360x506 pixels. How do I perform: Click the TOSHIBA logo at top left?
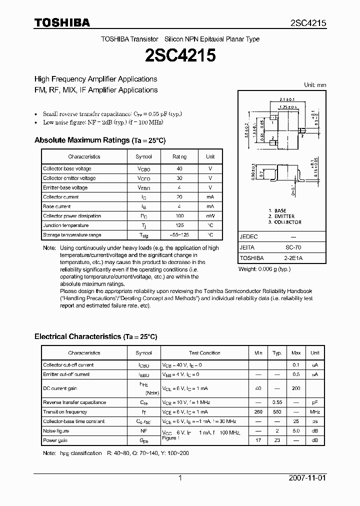pyautogui.click(x=62, y=22)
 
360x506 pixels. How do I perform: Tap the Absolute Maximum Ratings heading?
pyautogui.click(x=99, y=140)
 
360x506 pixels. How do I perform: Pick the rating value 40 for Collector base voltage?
pyautogui.click(x=179, y=168)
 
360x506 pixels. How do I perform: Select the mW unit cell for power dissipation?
pyautogui.click(x=210, y=216)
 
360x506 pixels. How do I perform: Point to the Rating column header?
pyautogui.click(x=179, y=156)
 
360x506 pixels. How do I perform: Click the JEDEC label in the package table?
pyautogui.click(x=248, y=236)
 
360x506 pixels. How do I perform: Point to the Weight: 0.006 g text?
pyautogui.click(x=264, y=269)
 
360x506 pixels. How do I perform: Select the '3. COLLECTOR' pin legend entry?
pyautogui.click(x=284, y=222)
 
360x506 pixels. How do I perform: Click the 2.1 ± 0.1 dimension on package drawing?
pyautogui.click(x=287, y=99)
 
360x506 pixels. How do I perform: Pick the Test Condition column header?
pyautogui.click(x=204, y=353)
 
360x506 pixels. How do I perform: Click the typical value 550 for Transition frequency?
pyautogui.click(x=277, y=412)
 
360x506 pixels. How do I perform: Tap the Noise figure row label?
pyautogui.click(x=56, y=431)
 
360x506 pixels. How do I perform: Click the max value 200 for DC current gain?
pyautogui.click(x=296, y=388)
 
